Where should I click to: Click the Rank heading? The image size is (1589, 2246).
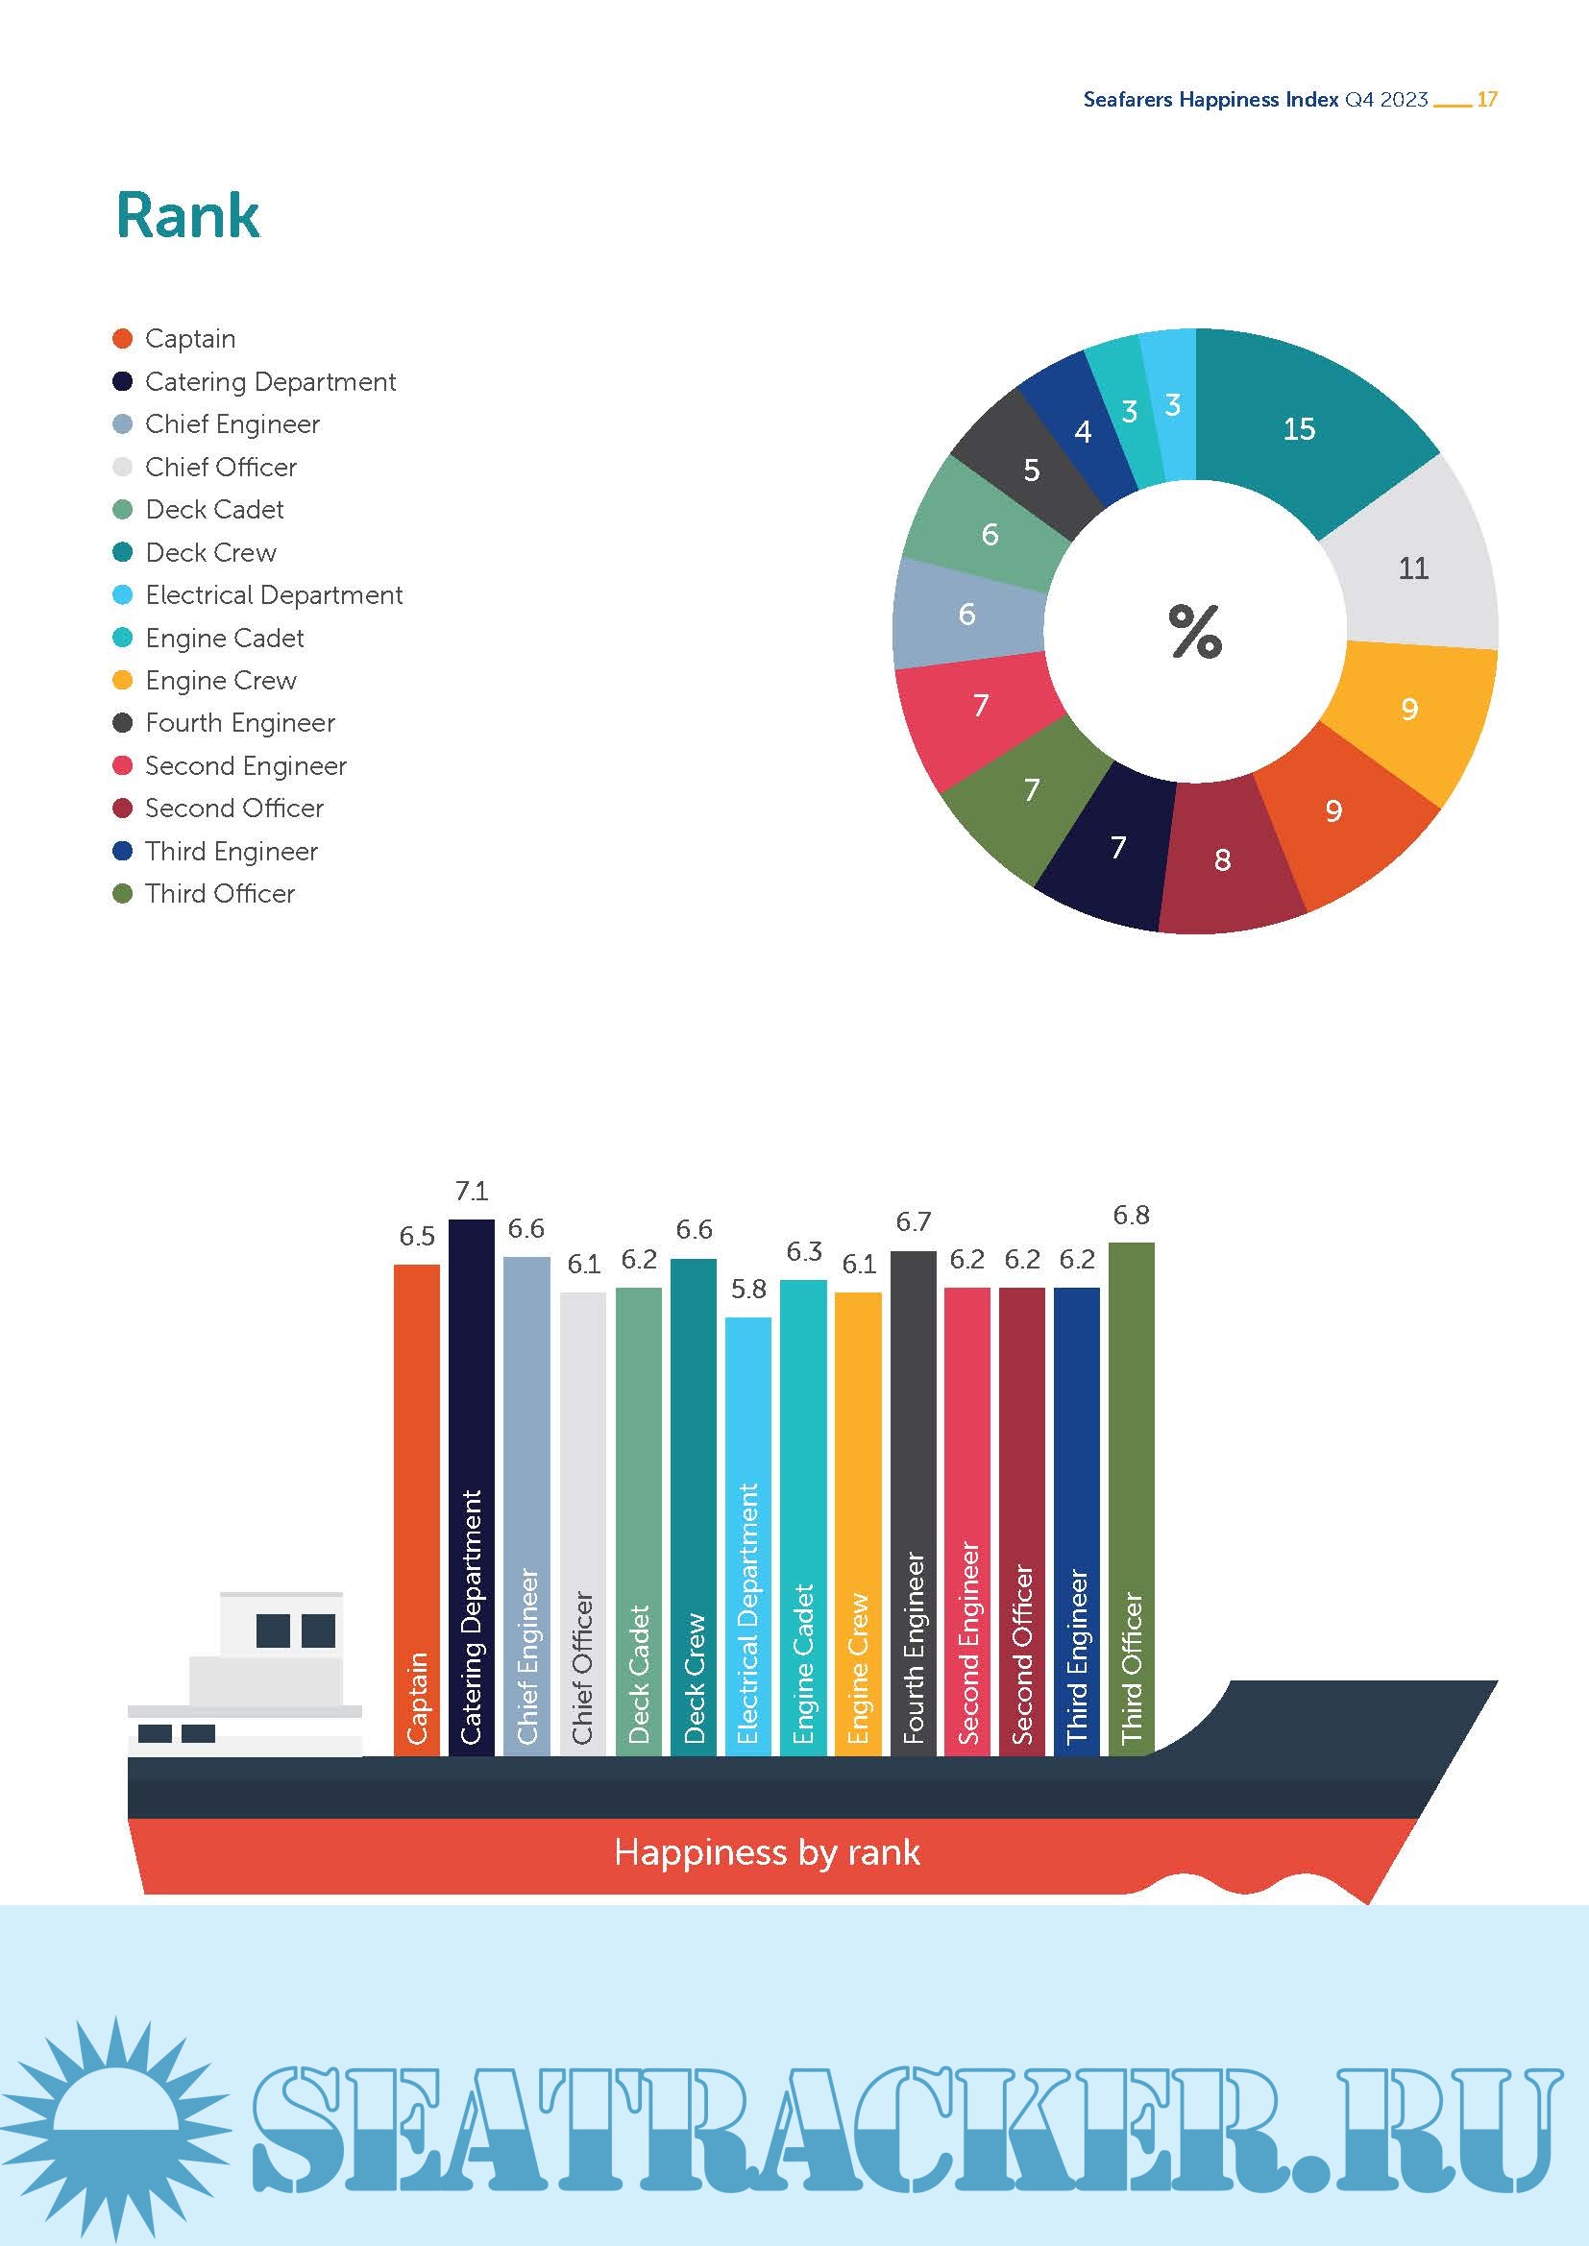click(188, 215)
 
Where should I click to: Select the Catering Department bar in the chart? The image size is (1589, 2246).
click(472, 1486)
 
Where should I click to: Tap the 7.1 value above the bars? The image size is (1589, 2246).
click(472, 1191)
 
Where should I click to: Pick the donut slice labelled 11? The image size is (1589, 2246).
click(1413, 568)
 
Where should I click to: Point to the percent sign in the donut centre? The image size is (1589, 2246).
click(1195, 631)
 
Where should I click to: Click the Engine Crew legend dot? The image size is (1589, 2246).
click(122, 680)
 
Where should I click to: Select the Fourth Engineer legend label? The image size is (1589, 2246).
click(240, 723)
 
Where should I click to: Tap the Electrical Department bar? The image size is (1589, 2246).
click(748, 1535)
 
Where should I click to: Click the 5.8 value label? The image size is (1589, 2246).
click(748, 1289)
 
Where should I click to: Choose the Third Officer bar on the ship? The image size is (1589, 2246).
click(1131, 1497)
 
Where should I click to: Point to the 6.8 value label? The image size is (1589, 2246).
click(1131, 1215)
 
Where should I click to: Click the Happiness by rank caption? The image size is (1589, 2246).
click(767, 1851)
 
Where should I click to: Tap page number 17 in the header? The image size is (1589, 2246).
click(1486, 99)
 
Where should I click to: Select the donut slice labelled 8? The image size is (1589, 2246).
click(1223, 858)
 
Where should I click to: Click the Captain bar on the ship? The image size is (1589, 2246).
click(417, 1507)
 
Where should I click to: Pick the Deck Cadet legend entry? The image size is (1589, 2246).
click(214, 510)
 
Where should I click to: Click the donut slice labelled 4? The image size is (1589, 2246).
click(1082, 430)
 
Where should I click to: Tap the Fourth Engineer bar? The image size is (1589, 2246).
click(913, 1502)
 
